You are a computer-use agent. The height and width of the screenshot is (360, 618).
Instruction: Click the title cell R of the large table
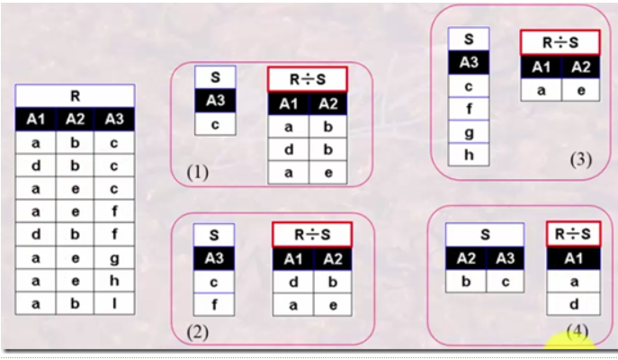click(x=75, y=95)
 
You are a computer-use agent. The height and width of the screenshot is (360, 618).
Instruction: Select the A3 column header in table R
click(x=114, y=120)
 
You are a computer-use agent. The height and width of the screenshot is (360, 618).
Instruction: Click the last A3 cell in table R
click(x=114, y=304)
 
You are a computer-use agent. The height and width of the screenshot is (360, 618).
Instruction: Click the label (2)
click(x=198, y=332)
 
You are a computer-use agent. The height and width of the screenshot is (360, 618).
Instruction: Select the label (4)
click(x=577, y=331)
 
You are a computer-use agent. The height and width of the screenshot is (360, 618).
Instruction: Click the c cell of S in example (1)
click(x=215, y=124)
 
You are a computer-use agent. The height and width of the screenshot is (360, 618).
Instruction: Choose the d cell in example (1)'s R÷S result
click(x=288, y=149)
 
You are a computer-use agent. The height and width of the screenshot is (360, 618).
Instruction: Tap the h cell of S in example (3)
click(x=469, y=155)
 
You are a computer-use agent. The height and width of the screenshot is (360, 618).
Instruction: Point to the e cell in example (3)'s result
click(x=581, y=90)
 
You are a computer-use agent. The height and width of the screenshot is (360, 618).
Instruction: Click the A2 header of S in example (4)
click(x=466, y=260)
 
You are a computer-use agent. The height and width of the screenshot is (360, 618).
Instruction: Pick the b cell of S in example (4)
click(x=466, y=283)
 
